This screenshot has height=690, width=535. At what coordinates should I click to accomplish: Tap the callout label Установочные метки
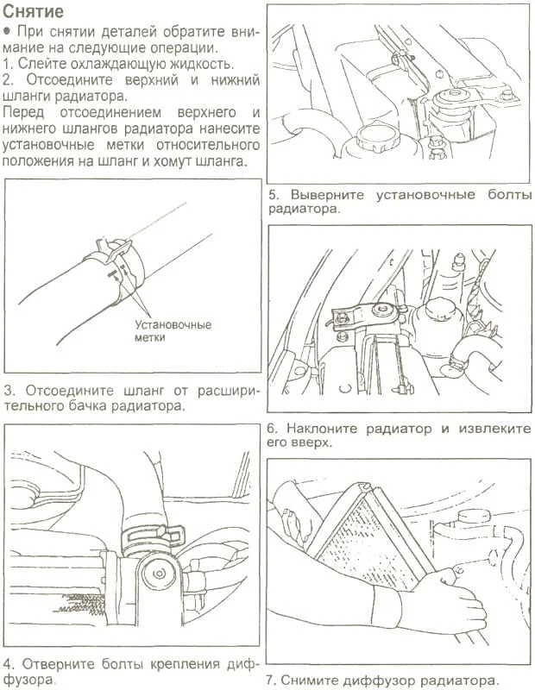pos(173,331)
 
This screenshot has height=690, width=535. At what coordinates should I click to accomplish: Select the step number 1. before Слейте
pos(9,65)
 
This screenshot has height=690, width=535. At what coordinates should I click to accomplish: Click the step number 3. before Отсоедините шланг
pos(9,390)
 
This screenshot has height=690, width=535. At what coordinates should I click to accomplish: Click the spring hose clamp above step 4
pos(151,536)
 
